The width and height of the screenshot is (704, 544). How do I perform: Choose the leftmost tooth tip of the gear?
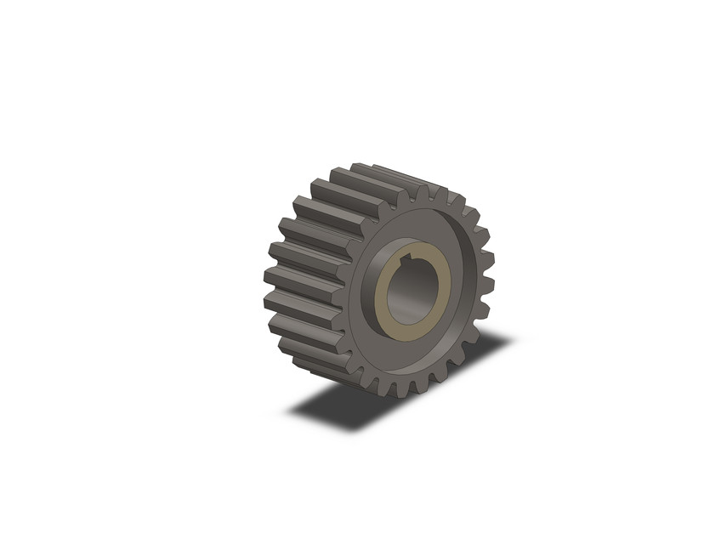click(x=265, y=277)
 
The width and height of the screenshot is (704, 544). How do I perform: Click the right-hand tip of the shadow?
click(x=510, y=340)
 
